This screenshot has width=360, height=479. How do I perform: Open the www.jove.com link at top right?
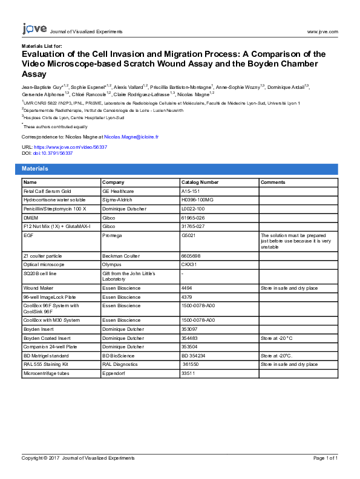(x=322, y=31)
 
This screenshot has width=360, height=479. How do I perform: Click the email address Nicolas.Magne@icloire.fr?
(x=131, y=137)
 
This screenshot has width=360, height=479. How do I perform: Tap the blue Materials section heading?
(x=34, y=169)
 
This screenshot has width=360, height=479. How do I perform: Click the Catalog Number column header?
(x=200, y=182)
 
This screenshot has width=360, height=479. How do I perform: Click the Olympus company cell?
(x=113, y=264)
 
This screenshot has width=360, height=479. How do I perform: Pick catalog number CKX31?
(x=190, y=264)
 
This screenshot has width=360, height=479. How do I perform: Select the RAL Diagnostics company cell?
(x=121, y=365)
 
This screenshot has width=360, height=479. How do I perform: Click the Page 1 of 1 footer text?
(x=325, y=458)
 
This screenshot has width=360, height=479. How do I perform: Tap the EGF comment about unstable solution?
(x=296, y=241)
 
